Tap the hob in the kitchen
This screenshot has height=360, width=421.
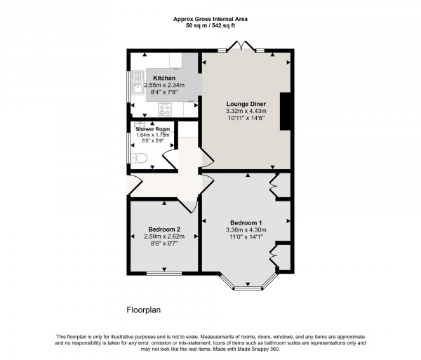(166, 109)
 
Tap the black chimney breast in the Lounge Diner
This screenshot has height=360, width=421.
(286, 111)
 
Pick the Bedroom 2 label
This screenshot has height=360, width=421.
(165, 229)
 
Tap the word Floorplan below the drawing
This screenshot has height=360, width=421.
(144, 309)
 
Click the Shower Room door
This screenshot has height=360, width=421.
(169, 160)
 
